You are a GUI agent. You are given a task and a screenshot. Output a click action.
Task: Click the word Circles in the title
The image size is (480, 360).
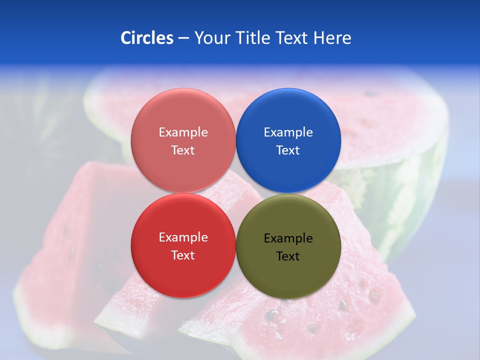pyautogui.click(x=146, y=38)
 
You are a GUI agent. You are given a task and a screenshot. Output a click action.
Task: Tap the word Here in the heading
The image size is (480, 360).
pyautogui.click(x=332, y=38)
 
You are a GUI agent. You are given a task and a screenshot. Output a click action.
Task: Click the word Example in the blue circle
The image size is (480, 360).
pyautogui.click(x=288, y=132)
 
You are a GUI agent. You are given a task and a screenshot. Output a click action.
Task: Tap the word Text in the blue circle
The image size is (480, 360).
pyautogui.click(x=288, y=150)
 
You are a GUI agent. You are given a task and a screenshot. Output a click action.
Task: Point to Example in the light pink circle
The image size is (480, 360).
pyautogui.click(x=183, y=132)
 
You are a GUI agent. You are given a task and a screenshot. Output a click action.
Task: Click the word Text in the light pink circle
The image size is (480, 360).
pyautogui.click(x=183, y=150)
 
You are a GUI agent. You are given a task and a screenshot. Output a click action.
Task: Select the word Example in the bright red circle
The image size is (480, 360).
pyautogui.click(x=183, y=237)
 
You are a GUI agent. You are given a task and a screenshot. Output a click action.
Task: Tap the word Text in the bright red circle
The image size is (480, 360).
pyautogui.click(x=183, y=255)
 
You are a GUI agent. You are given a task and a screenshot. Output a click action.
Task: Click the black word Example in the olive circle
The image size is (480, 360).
pyautogui.click(x=288, y=238)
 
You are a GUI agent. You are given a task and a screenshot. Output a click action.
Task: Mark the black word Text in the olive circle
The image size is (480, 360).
pyautogui.click(x=288, y=256)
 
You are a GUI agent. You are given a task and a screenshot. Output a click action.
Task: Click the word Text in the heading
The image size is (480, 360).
pyautogui.click(x=291, y=38)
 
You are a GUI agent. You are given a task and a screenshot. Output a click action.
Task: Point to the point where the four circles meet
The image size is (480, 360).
pyautogui.click(x=235, y=193)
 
